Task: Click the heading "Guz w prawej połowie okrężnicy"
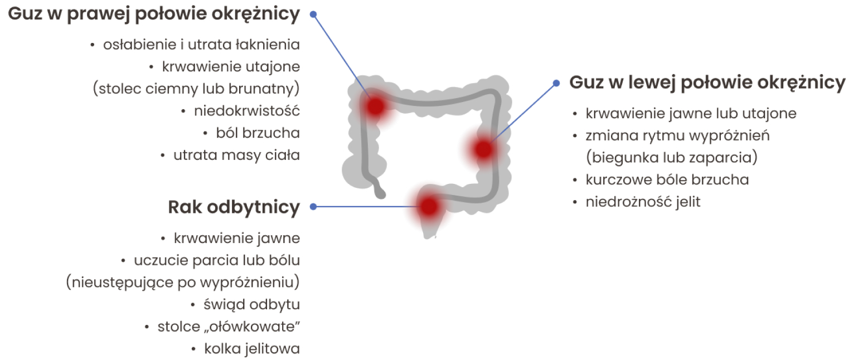154,14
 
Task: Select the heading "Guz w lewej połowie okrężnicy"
707,82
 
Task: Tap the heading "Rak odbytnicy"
234,207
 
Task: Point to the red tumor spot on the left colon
483,149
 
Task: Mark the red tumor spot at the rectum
428,206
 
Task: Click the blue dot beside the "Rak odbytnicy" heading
313,207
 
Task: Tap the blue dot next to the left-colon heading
556,83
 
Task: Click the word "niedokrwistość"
247,111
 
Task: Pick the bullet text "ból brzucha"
258,133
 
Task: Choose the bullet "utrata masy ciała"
236,155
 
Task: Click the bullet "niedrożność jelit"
643,202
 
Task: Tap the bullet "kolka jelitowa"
252,349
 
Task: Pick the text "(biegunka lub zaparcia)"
672,157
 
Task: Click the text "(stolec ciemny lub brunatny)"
196,89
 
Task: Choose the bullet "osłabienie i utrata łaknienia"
201,45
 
